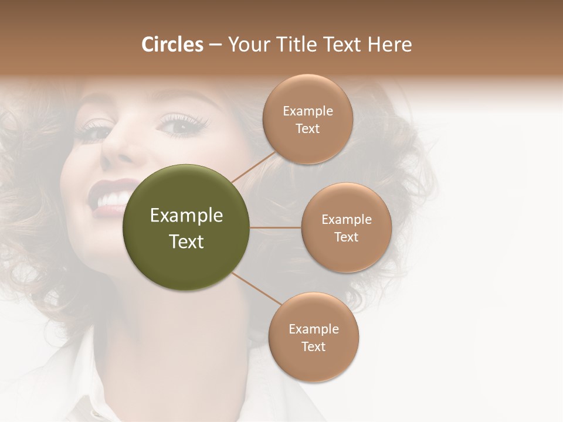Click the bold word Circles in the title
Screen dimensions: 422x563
172,45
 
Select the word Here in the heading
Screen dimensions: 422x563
389,45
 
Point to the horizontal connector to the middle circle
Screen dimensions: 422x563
275,227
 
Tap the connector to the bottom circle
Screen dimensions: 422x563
256,288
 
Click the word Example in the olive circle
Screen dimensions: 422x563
186,216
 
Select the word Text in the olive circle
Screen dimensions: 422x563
186,241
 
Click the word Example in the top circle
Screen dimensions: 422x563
308,111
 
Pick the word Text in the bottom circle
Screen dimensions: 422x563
313,346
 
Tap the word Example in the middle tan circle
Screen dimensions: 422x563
347,219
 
